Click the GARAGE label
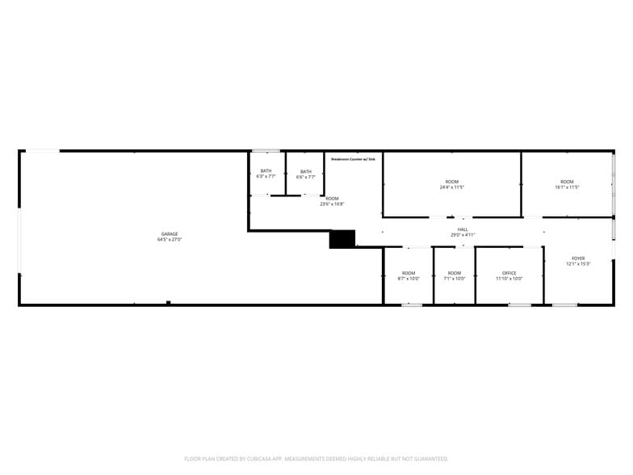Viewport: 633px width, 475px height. pyautogui.click(x=169, y=234)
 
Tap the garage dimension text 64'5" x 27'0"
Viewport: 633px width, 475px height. pyautogui.click(x=169, y=239)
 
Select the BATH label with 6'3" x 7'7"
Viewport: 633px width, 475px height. pyautogui.click(x=266, y=171)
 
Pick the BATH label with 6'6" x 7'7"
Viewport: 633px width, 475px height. pyautogui.click(x=306, y=171)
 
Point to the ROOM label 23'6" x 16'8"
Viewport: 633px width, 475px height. pyautogui.click(x=332, y=199)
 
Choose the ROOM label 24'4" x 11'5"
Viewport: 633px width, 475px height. pyautogui.click(x=451, y=182)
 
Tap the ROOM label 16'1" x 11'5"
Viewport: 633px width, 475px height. pyautogui.click(x=567, y=182)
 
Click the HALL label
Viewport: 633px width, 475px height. pyautogui.click(x=463, y=229)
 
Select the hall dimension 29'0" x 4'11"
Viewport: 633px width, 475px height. pyautogui.click(x=463, y=235)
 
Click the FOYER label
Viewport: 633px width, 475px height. pyautogui.click(x=578, y=259)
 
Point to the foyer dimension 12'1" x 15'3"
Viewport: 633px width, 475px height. pyautogui.click(x=578, y=264)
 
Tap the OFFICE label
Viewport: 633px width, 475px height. pyautogui.click(x=509, y=273)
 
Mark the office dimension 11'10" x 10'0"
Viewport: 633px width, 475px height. pyautogui.click(x=509, y=279)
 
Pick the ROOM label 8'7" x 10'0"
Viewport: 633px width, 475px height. pyautogui.click(x=409, y=273)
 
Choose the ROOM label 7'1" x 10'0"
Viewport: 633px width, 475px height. pyautogui.click(x=455, y=273)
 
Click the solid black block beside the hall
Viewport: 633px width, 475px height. pyautogui.click(x=342, y=239)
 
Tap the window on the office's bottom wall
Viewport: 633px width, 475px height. pyautogui.click(x=519, y=305)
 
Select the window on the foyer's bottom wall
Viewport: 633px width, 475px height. pyautogui.click(x=564, y=305)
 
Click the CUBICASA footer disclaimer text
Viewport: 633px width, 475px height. pyautogui.click(x=316, y=458)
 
